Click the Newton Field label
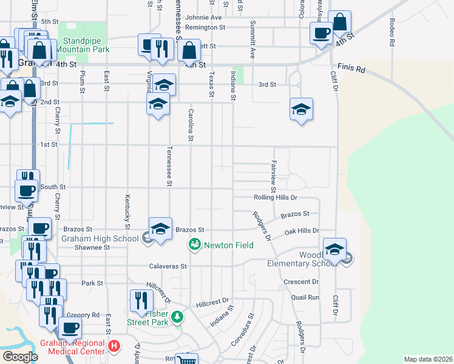point(228,245)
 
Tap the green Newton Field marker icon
point(194,245)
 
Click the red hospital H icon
point(113,347)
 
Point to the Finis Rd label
point(351,67)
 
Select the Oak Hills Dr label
point(301,231)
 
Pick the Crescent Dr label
point(302,282)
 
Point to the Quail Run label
point(305,297)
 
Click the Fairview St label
point(274,173)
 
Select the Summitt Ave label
point(252,39)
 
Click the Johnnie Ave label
point(204,18)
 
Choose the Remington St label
point(205,28)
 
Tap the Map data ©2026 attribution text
point(428,359)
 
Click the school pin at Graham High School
point(160,229)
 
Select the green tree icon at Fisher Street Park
point(177,316)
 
